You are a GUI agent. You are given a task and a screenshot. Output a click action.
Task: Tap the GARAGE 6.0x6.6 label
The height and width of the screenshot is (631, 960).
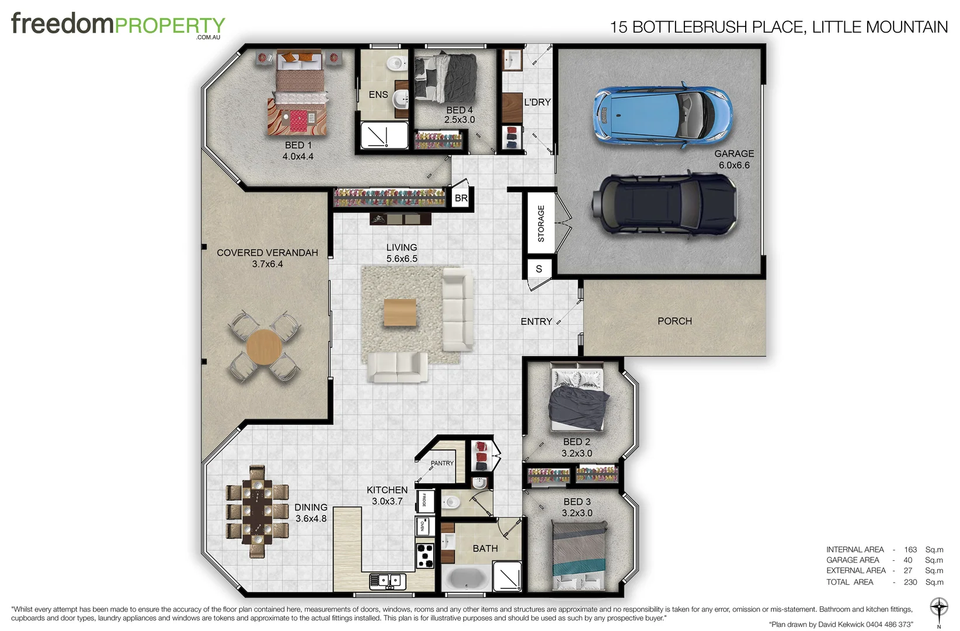pos(734,159)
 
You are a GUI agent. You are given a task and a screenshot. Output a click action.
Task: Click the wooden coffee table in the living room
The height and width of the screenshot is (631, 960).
pos(400,313)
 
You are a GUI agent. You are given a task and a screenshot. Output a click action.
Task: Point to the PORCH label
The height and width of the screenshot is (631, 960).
pos(674,321)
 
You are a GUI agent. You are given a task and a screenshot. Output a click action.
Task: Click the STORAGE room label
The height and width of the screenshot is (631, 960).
pos(541,224)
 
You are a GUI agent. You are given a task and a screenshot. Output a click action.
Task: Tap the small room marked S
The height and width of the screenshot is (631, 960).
pos(539,269)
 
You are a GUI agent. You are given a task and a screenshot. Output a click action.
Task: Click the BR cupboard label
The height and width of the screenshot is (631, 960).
pos(461,198)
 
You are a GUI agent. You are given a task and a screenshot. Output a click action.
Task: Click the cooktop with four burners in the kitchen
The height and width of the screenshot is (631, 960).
pos(425,556)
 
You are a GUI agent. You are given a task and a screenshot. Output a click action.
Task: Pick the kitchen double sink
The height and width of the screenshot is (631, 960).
pos(388,581)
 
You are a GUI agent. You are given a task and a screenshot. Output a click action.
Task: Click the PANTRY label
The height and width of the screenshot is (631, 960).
pos(442,463)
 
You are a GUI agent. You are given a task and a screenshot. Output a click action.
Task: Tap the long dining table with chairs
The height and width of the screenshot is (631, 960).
pos(257,512)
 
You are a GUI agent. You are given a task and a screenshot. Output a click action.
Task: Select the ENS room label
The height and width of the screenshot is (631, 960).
pos(378,95)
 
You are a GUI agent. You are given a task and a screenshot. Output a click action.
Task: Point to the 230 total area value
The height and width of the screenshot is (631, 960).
pos(910,582)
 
